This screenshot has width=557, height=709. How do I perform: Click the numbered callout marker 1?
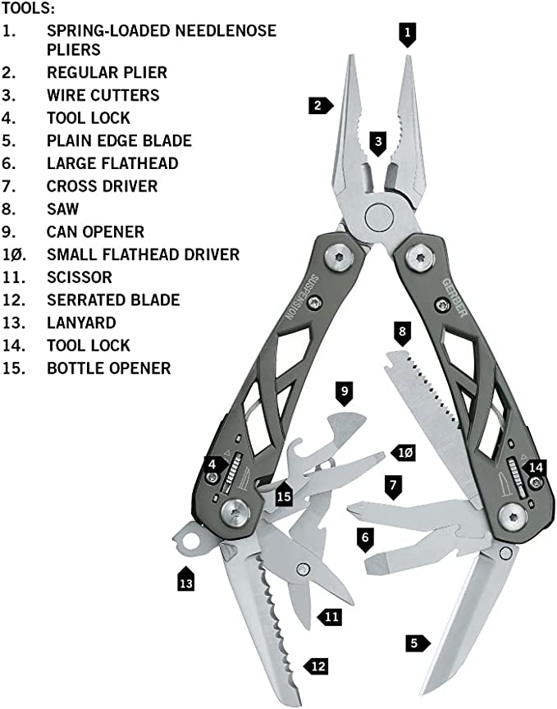(x=408, y=34)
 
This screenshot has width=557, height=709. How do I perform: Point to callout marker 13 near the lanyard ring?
(x=186, y=582)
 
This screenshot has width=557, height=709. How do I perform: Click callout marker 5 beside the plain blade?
(x=416, y=643)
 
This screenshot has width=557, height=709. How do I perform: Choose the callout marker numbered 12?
(x=318, y=666)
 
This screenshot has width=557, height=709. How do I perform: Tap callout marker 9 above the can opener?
(x=345, y=391)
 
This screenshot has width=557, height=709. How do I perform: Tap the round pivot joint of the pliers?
(x=378, y=217)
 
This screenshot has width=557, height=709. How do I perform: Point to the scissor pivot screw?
(x=304, y=568)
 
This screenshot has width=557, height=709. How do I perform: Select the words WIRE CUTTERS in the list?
(x=103, y=95)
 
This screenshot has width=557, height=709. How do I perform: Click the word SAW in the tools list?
(x=62, y=209)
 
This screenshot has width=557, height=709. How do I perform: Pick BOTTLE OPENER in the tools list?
(x=108, y=368)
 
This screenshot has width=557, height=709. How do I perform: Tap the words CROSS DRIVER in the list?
(x=102, y=186)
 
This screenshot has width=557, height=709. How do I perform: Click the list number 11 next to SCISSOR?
(x=11, y=277)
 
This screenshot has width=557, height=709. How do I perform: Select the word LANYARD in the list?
(x=81, y=322)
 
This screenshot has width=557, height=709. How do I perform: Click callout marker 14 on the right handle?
(x=535, y=467)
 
